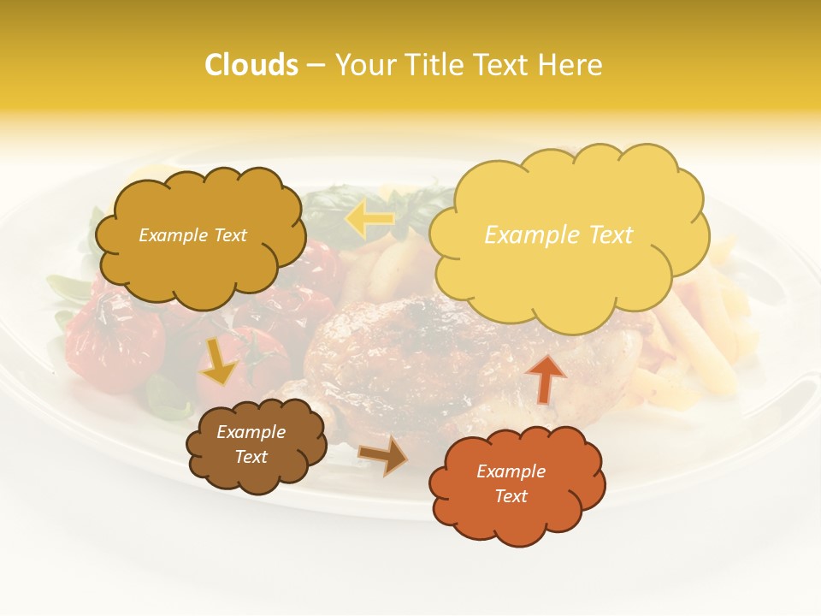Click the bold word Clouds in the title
pyautogui.click(x=251, y=65)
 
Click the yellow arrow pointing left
pyautogui.click(x=369, y=220)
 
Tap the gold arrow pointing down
pyautogui.click(x=219, y=361)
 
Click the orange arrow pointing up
pyautogui.click(x=545, y=378)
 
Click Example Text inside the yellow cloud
pyautogui.click(x=558, y=234)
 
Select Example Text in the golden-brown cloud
pyautogui.click(x=192, y=235)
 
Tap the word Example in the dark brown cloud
pyautogui.click(x=251, y=432)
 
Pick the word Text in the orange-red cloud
pyautogui.click(x=511, y=496)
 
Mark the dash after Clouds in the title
pyautogui.click(x=316, y=65)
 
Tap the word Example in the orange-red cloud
pyautogui.click(x=511, y=471)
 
